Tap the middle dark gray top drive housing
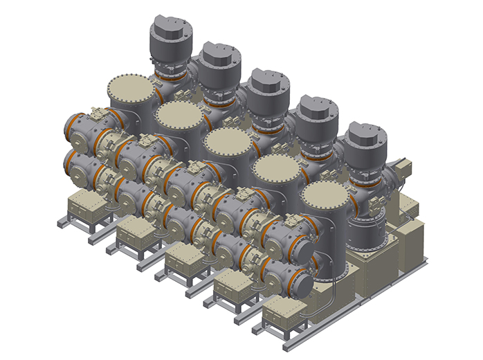pyautogui.click(x=268, y=89)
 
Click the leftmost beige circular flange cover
pyautogui.click(x=130, y=91)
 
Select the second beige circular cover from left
pyautogui.click(x=178, y=118)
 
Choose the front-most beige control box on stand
pyautogui.click(x=286, y=316)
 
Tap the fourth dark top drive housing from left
pyautogui.click(x=319, y=116)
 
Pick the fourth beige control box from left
pyautogui.click(x=235, y=288)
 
